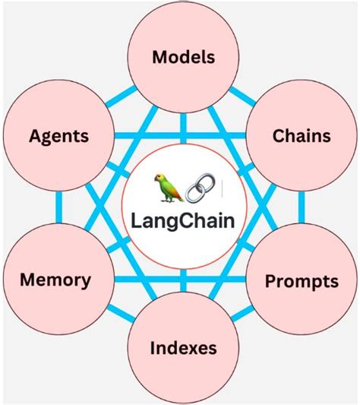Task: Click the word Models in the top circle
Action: (x=184, y=57)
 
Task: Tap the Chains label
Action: (x=301, y=136)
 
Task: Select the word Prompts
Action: (x=301, y=281)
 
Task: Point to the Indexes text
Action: (x=183, y=348)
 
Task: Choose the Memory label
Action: (x=55, y=279)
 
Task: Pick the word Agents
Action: (x=58, y=137)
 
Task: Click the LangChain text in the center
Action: (x=182, y=223)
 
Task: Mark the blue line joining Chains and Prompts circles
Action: (x=302, y=208)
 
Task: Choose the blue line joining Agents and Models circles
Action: (x=122, y=96)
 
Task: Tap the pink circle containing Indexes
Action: (x=183, y=372)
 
